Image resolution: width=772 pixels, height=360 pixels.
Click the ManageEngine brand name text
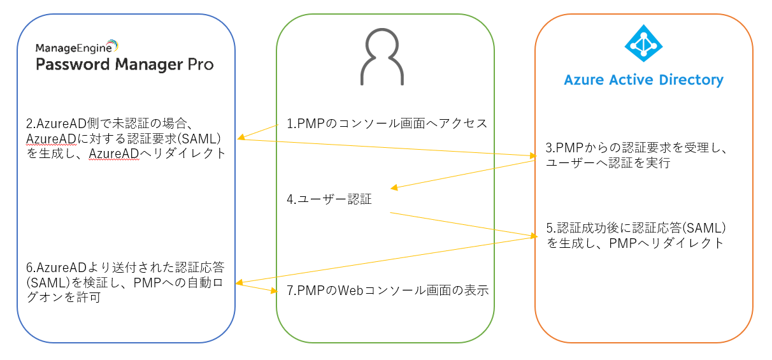76,47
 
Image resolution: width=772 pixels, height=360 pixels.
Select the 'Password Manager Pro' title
124,64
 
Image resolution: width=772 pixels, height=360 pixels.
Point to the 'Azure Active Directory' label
643,80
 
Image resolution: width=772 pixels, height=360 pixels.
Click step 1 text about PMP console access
387,124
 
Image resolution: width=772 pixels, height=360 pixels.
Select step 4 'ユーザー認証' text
329,199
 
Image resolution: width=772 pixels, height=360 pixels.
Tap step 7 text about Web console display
387,291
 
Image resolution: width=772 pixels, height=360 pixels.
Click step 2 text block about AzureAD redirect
121,138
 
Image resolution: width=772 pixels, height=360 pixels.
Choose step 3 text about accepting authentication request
637,155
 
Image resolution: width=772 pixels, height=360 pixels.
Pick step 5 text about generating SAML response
636,235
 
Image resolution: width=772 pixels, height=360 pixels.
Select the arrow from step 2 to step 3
385,147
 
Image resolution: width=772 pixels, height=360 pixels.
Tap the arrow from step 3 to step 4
464,174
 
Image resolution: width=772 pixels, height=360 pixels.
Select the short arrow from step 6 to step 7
257,287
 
